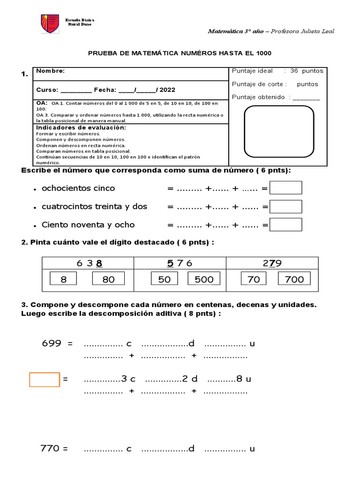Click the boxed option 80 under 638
pos(108,279)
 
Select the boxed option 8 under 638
pos(64,279)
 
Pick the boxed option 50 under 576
pos(164,279)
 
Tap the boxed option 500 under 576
pos(204,279)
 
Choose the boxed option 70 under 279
pos(254,279)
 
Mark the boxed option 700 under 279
pos(294,279)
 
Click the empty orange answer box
pos(45,379)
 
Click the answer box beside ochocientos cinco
pos(286,188)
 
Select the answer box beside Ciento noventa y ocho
pos(286,225)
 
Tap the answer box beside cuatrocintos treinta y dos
pos(286,207)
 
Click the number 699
pos(52,344)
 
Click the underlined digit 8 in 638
pos(99,263)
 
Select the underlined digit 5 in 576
pos(170,263)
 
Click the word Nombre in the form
pos(50,71)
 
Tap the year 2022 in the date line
pos(168,90)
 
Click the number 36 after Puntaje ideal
pos(294,71)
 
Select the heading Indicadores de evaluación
pos(81,127)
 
